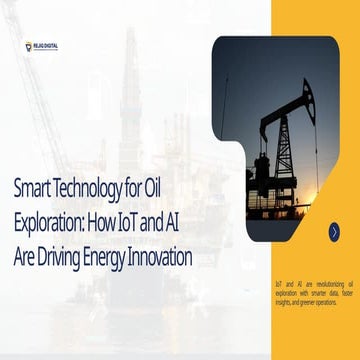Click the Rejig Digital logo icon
pos(29,45)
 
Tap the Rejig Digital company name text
pos(45,44)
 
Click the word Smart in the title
pos(32,186)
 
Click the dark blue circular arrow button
pos(333,231)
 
